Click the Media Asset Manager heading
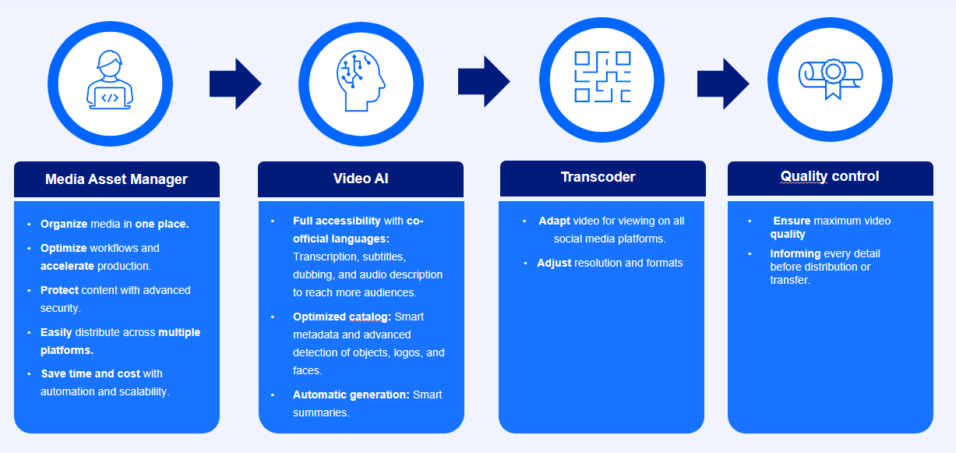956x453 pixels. [x=116, y=179]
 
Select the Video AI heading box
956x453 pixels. [x=361, y=179]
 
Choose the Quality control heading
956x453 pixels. [x=830, y=176]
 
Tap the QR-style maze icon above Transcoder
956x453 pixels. [x=602, y=77]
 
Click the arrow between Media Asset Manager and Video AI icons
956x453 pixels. [x=235, y=83]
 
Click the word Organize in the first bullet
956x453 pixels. [x=65, y=224]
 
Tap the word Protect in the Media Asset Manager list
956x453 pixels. [x=60, y=290]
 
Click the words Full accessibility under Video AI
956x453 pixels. [x=337, y=221]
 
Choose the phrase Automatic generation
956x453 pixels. [x=351, y=395]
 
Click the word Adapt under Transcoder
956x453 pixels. [x=554, y=221]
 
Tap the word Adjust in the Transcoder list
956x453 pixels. [x=554, y=263]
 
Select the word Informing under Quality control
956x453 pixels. [x=795, y=253]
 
